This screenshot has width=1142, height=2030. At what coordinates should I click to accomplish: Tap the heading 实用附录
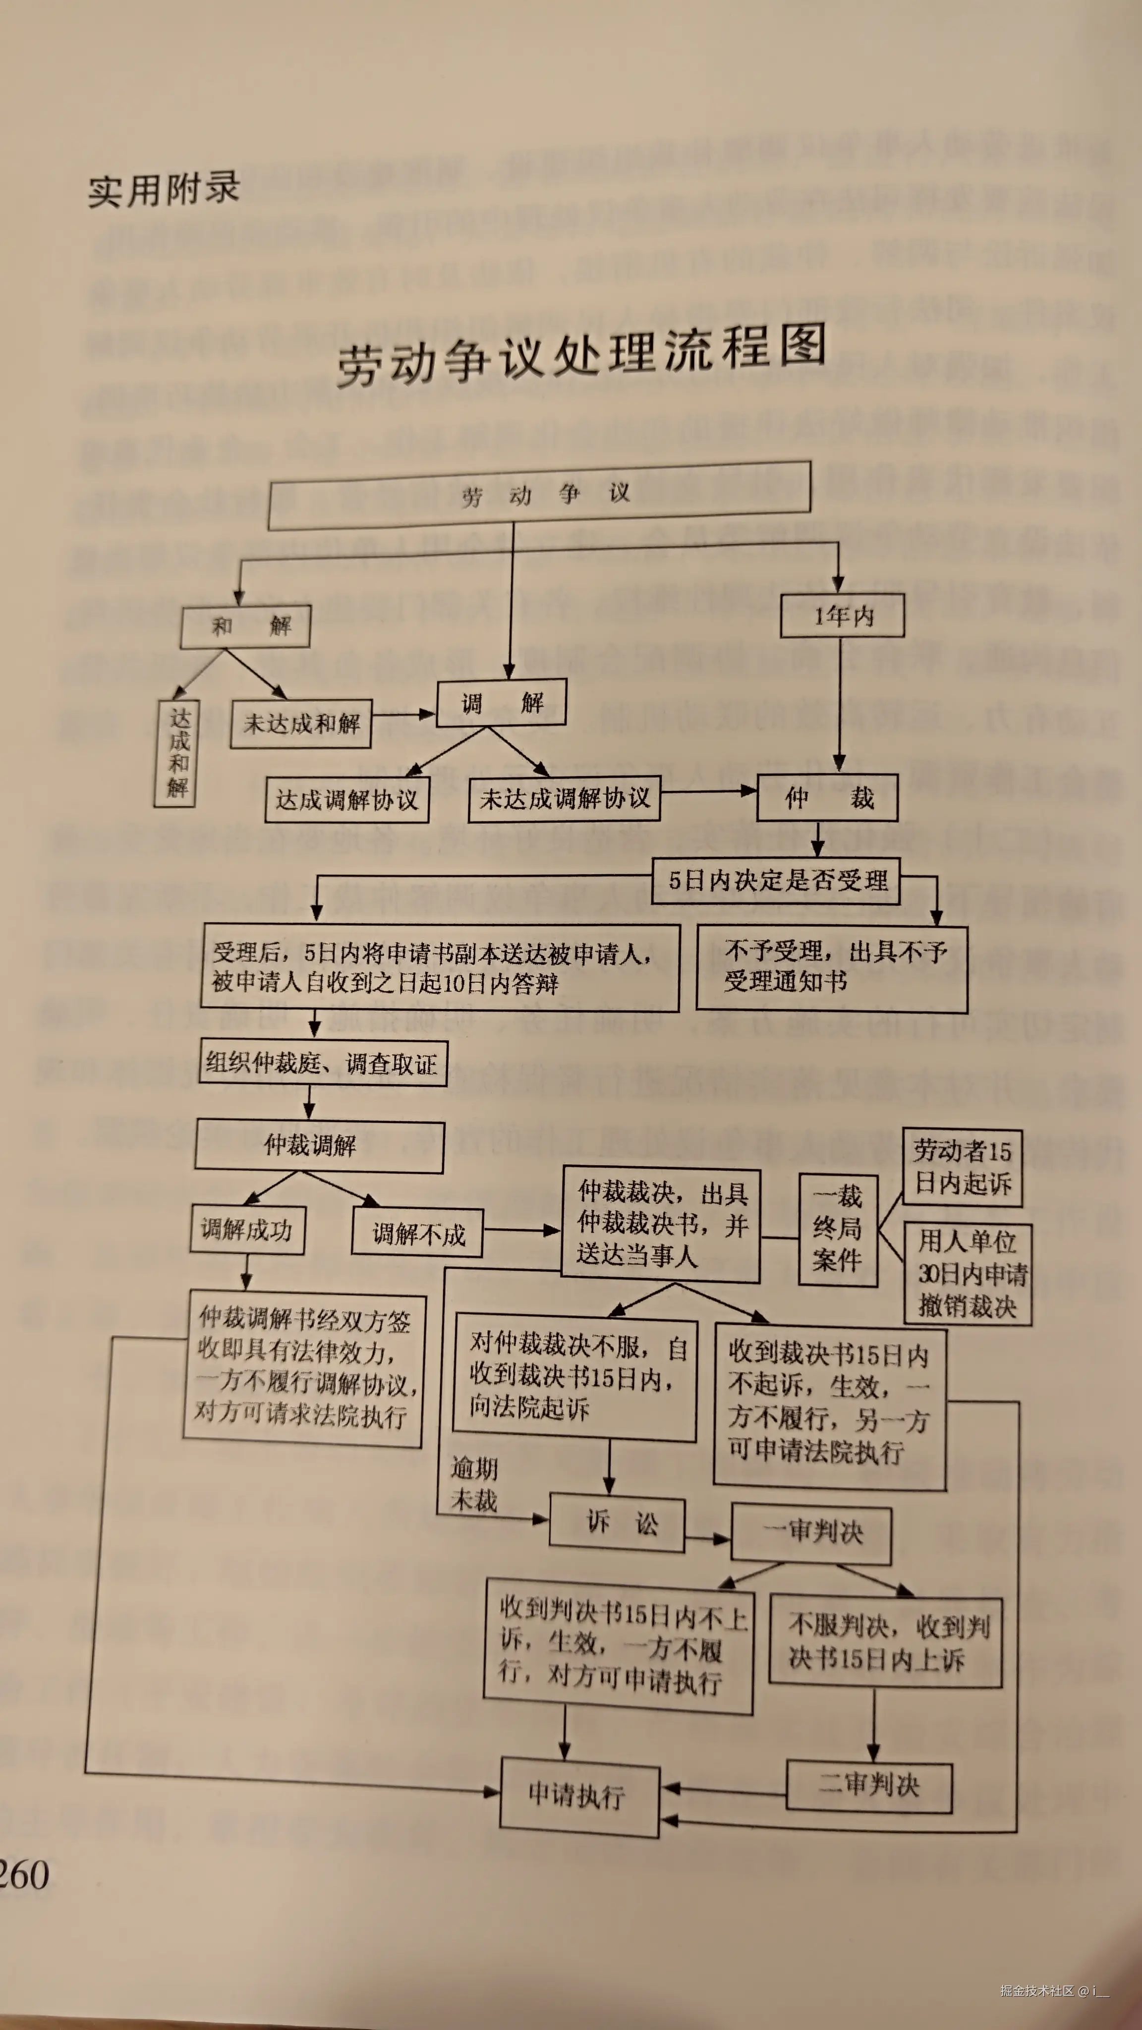tap(164, 190)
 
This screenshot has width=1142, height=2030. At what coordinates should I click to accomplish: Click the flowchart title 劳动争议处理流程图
tap(581, 357)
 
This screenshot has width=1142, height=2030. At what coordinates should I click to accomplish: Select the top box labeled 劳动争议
tap(540, 495)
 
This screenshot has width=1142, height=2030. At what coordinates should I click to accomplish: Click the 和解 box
tap(245, 626)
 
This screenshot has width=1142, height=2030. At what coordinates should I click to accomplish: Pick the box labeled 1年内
tap(842, 616)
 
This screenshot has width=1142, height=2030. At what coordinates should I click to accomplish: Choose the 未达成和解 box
tap(301, 723)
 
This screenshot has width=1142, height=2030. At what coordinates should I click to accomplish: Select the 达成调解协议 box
tap(347, 800)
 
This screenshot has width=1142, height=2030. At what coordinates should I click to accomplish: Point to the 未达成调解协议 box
tap(564, 799)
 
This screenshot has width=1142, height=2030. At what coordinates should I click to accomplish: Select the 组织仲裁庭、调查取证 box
tap(323, 1064)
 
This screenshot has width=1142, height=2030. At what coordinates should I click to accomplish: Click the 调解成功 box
tap(247, 1229)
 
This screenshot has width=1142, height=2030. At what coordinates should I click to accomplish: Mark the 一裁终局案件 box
tap(838, 1229)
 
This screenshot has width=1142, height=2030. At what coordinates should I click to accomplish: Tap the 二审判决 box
tap(868, 1786)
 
